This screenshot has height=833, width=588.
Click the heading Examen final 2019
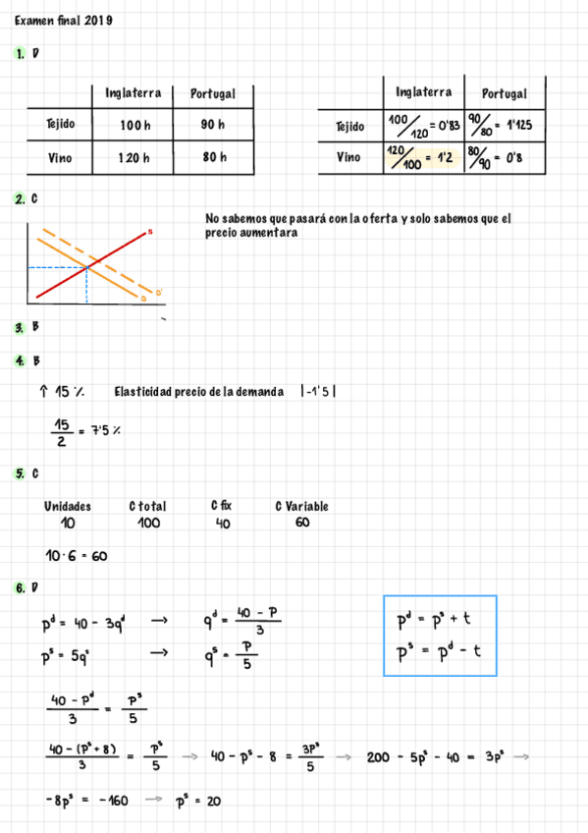pyautogui.click(x=63, y=20)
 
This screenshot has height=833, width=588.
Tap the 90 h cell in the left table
pyautogui.click(x=212, y=125)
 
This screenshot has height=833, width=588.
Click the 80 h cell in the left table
pyautogui.click(x=212, y=157)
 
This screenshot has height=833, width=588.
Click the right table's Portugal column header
pyautogui.click(x=505, y=93)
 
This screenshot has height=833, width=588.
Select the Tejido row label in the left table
pyautogui.click(x=60, y=125)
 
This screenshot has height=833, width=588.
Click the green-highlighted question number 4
pyautogui.click(x=20, y=361)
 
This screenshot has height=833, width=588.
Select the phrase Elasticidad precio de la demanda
pyautogui.click(x=198, y=392)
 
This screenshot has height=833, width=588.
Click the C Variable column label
pyautogui.click(x=301, y=506)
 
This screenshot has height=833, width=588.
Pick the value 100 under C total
pyautogui.click(x=148, y=524)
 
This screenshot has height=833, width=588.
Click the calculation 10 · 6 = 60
pyautogui.click(x=76, y=556)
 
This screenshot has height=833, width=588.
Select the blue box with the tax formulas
pyautogui.click(x=439, y=635)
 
